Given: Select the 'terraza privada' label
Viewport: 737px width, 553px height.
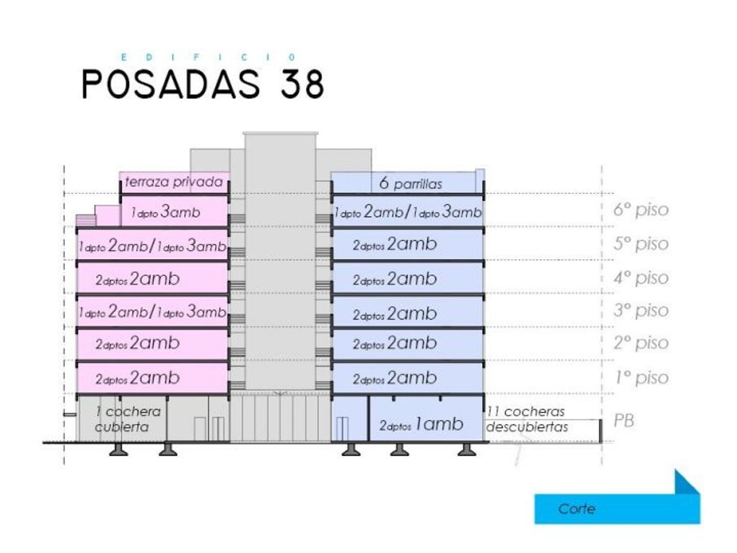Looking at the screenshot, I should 174,182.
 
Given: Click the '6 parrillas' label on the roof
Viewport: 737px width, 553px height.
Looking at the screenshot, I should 410,183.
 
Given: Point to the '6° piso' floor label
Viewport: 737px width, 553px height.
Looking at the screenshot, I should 641,209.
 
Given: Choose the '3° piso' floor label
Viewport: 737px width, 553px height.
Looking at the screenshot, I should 641,310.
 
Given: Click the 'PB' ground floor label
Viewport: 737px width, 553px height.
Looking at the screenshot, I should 624,420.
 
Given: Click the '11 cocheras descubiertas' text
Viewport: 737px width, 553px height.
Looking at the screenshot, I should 527,419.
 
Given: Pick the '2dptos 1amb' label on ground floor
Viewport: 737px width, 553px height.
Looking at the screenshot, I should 421,424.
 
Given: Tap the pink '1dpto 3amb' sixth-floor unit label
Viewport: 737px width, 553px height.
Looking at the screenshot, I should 165,212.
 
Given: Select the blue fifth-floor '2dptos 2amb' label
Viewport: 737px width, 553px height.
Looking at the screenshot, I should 395,244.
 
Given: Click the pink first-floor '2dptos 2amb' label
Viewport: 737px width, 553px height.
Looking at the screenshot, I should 137,378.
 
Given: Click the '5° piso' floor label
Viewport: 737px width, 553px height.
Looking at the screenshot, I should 641,244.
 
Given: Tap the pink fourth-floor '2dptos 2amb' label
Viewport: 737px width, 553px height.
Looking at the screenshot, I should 137,279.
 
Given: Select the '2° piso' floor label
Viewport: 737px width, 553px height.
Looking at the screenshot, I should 641,343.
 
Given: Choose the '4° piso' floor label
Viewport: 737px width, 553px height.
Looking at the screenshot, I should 641,278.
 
